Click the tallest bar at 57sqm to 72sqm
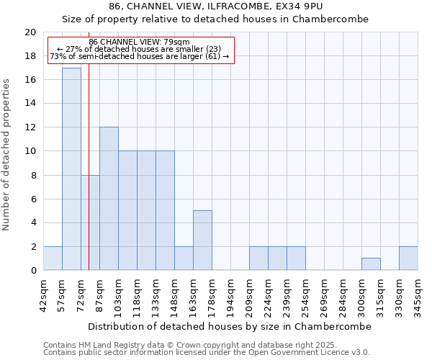click(71, 169)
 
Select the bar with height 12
click(109, 199)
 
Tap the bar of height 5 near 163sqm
click(202, 240)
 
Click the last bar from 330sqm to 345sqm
click(408, 258)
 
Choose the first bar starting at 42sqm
click(53, 258)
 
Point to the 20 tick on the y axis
click(30, 32)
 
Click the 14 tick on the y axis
click(30, 104)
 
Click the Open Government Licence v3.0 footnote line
click(207, 353)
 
